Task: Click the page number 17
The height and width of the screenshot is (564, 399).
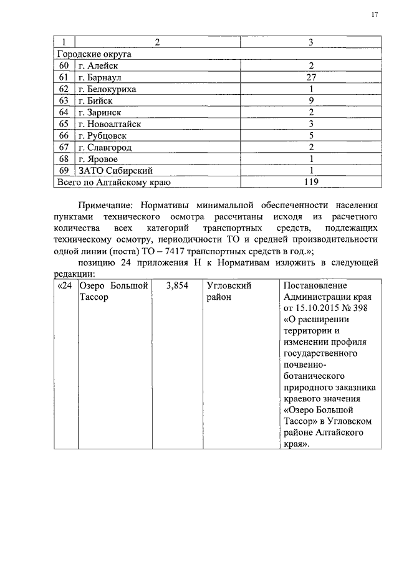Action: pyautogui.click(x=375, y=14)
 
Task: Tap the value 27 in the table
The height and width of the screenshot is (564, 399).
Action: pyautogui.click(x=312, y=77)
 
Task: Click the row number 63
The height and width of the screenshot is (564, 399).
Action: pyautogui.click(x=64, y=100)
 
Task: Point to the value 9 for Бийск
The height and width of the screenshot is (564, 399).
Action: pyautogui.click(x=312, y=100)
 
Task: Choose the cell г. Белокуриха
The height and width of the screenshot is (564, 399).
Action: pyautogui.click(x=107, y=89)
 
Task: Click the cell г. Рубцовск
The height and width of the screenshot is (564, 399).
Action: pyautogui.click(x=102, y=135)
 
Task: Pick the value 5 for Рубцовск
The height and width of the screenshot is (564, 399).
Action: pyautogui.click(x=312, y=135)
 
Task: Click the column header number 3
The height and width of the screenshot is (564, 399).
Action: pyautogui.click(x=312, y=42)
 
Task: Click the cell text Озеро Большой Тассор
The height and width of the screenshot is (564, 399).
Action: pyautogui.click(x=113, y=290)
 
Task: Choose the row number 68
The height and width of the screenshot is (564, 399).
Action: pyautogui.click(x=64, y=159)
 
